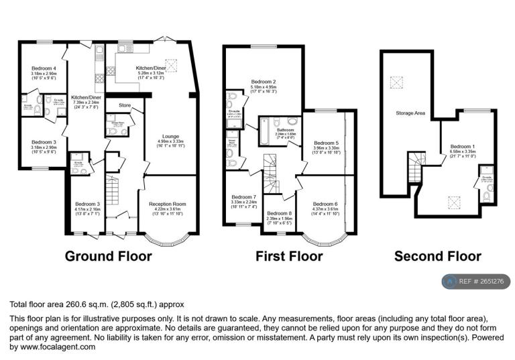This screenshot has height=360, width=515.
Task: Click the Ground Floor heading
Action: pos(108,256)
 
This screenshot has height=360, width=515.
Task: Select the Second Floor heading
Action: pos(437,256)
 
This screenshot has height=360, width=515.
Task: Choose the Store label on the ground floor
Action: pos(124,105)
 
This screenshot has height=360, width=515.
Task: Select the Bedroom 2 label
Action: pos(263,82)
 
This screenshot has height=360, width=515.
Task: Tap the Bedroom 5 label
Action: pos(327,143)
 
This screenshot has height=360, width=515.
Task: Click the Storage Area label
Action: pos(410,113)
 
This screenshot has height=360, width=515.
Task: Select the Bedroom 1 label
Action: pos(462,147)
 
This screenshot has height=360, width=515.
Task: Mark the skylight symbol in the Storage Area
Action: pos(397,82)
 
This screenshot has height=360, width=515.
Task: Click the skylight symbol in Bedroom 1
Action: pos(455,201)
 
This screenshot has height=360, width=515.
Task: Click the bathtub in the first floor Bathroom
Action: pos(265,132)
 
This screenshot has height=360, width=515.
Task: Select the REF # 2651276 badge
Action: pos(476,282)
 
